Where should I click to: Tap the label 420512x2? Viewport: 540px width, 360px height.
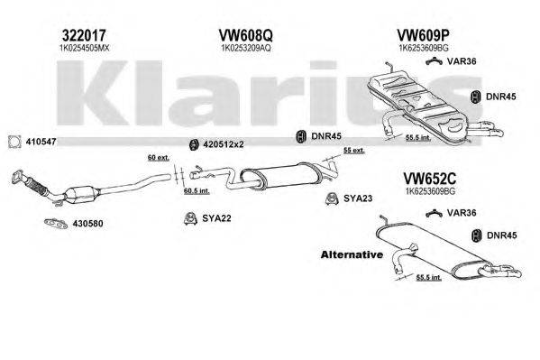click(222, 144)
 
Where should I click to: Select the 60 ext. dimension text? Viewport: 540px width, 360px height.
click(159, 158)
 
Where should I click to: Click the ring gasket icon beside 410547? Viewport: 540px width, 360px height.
click(14, 142)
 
